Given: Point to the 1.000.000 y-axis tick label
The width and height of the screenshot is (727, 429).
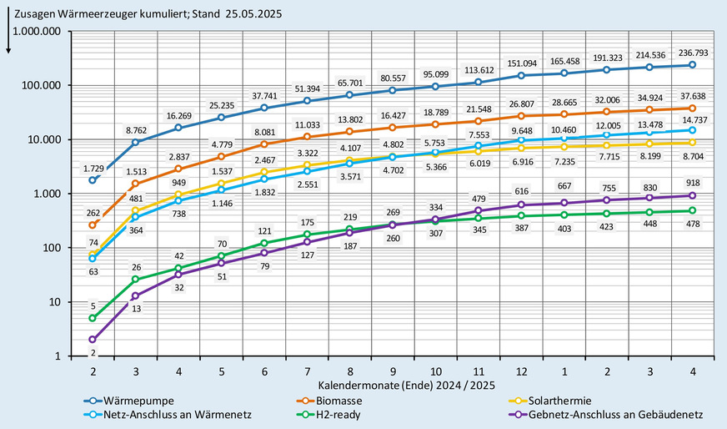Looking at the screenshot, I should [38, 31].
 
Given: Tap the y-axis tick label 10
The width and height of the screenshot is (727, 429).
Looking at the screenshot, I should [54, 302].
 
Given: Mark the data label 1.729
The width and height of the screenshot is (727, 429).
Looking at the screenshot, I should [93, 160].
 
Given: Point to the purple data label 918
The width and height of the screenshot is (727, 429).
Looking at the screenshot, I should [692, 183].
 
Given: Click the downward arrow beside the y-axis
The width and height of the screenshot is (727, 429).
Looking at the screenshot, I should [8, 41].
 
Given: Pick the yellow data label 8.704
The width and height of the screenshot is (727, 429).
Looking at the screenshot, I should [692, 156].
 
